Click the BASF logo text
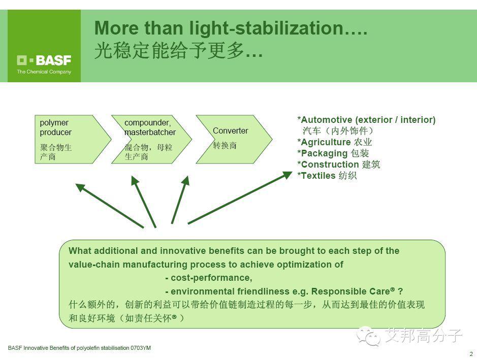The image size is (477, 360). (53, 60)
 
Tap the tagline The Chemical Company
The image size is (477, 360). (44, 72)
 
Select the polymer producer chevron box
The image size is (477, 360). (73, 139)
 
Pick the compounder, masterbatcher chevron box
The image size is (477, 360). (151, 139)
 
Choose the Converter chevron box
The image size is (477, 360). (234, 139)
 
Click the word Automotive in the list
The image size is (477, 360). (327, 120)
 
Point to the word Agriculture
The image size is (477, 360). (326, 142)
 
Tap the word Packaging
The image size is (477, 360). (324, 153)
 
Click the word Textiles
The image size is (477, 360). (318, 176)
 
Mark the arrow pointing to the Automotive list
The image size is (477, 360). (240, 198)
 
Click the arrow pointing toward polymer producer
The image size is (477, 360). (110, 206)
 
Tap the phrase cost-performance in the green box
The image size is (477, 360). (211, 278)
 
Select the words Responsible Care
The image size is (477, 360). (350, 291)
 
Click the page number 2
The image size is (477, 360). (471, 354)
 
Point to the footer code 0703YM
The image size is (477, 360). (141, 348)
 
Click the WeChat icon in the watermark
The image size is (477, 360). (368, 336)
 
